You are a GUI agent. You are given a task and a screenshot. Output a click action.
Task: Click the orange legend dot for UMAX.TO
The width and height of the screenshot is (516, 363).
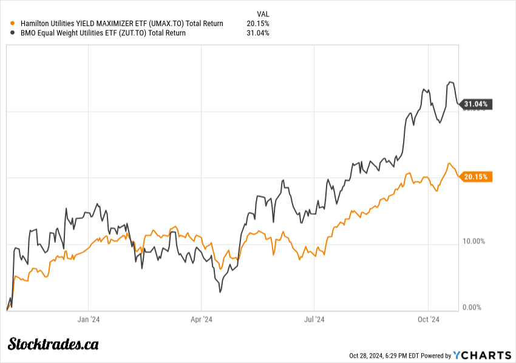(x=13, y=24)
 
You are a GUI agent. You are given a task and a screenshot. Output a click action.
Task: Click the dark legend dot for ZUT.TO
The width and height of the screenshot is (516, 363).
(x=13, y=33)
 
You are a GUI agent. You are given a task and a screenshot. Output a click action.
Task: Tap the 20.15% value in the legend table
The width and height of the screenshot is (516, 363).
(x=258, y=24)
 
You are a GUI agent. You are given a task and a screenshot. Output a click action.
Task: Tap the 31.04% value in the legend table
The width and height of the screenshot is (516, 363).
(x=258, y=33)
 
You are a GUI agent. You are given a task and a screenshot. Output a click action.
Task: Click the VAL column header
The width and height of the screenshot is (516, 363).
(x=263, y=13)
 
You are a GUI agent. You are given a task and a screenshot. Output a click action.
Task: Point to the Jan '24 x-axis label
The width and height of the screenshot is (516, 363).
(x=89, y=318)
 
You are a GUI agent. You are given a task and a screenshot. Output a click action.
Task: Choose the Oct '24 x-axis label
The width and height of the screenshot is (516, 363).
(x=428, y=318)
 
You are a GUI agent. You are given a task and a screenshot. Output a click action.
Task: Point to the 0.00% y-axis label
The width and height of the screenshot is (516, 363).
(x=472, y=308)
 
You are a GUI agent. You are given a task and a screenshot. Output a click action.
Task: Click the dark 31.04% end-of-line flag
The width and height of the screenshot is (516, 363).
(x=475, y=104)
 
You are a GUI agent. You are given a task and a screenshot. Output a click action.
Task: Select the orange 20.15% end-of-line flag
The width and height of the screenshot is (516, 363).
(x=475, y=177)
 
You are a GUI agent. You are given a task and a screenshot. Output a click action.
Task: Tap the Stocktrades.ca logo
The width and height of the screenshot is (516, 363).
(x=53, y=344)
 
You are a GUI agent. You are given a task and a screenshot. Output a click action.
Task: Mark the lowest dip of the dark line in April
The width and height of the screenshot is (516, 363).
(x=219, y=293)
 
